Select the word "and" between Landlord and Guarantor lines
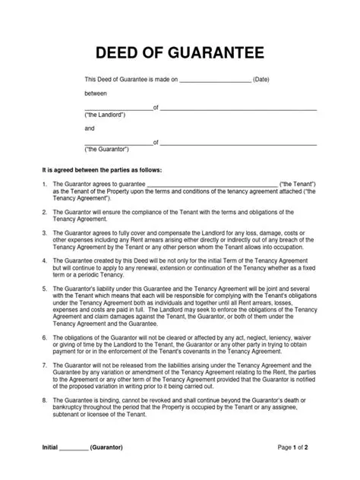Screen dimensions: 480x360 pyautogui.click(x=89, y=128)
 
